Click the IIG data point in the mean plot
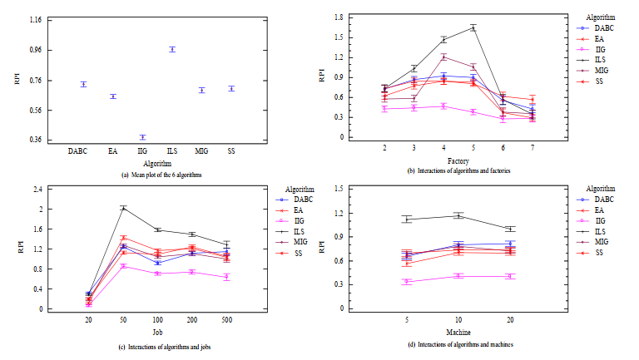coord(142,137)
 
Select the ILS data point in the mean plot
coord(172,49)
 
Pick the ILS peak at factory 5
coord(473,27)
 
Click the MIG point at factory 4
coord(443,57)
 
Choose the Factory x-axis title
coord(458,159)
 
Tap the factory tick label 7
coord(532,147)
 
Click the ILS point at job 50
coord(123,207)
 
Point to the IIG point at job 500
coord(225,277)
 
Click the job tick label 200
coord(191,320)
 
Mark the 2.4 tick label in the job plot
coord(37,190)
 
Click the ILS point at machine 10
coord(458,215)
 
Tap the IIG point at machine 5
coord(407,282)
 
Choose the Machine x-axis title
coord(458,332)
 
